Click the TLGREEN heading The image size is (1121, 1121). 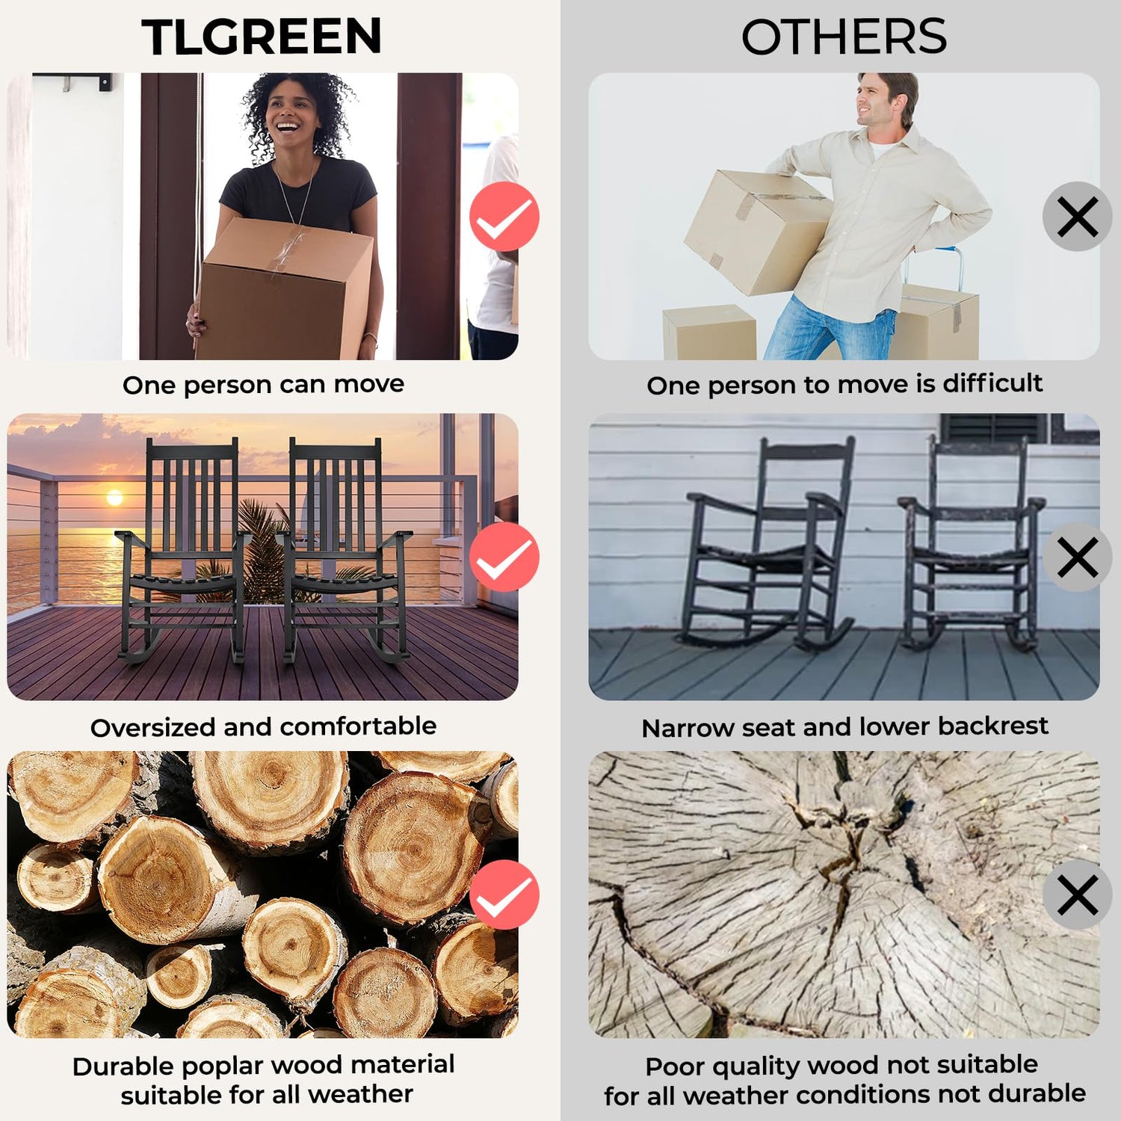(262, 37)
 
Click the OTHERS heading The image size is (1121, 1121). (844, 37)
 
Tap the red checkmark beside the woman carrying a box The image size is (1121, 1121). (504, 217)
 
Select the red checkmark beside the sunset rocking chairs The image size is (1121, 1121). (504, 557)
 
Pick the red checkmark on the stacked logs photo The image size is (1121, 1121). (504, 895)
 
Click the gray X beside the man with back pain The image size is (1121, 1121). (1078, 217)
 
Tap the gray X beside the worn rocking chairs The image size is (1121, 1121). (1078, 557)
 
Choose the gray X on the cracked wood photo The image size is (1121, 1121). (1078, 895)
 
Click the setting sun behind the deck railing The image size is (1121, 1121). (115, 497)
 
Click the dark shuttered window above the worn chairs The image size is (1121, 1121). (993, 427)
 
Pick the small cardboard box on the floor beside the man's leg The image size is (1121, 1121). (710, 332)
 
